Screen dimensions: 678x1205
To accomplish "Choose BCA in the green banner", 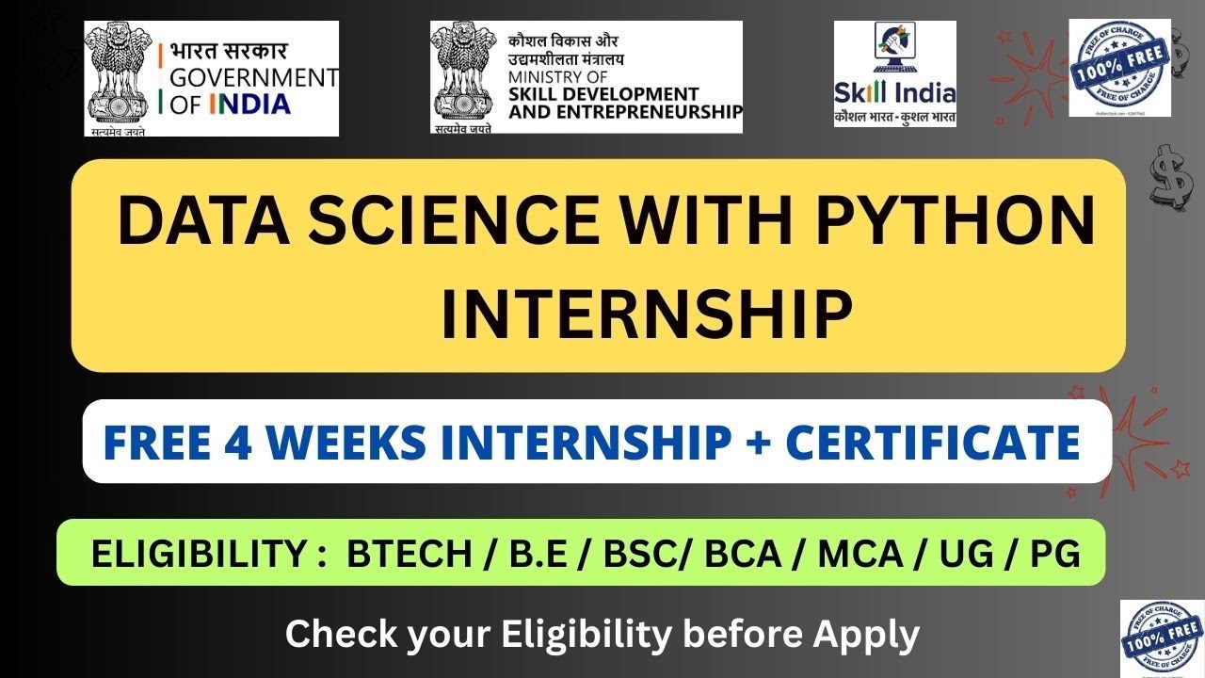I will [743, 554].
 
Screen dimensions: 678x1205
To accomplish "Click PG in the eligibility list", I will [1054, 554].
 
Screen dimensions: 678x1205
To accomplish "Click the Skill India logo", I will [894, 73].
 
